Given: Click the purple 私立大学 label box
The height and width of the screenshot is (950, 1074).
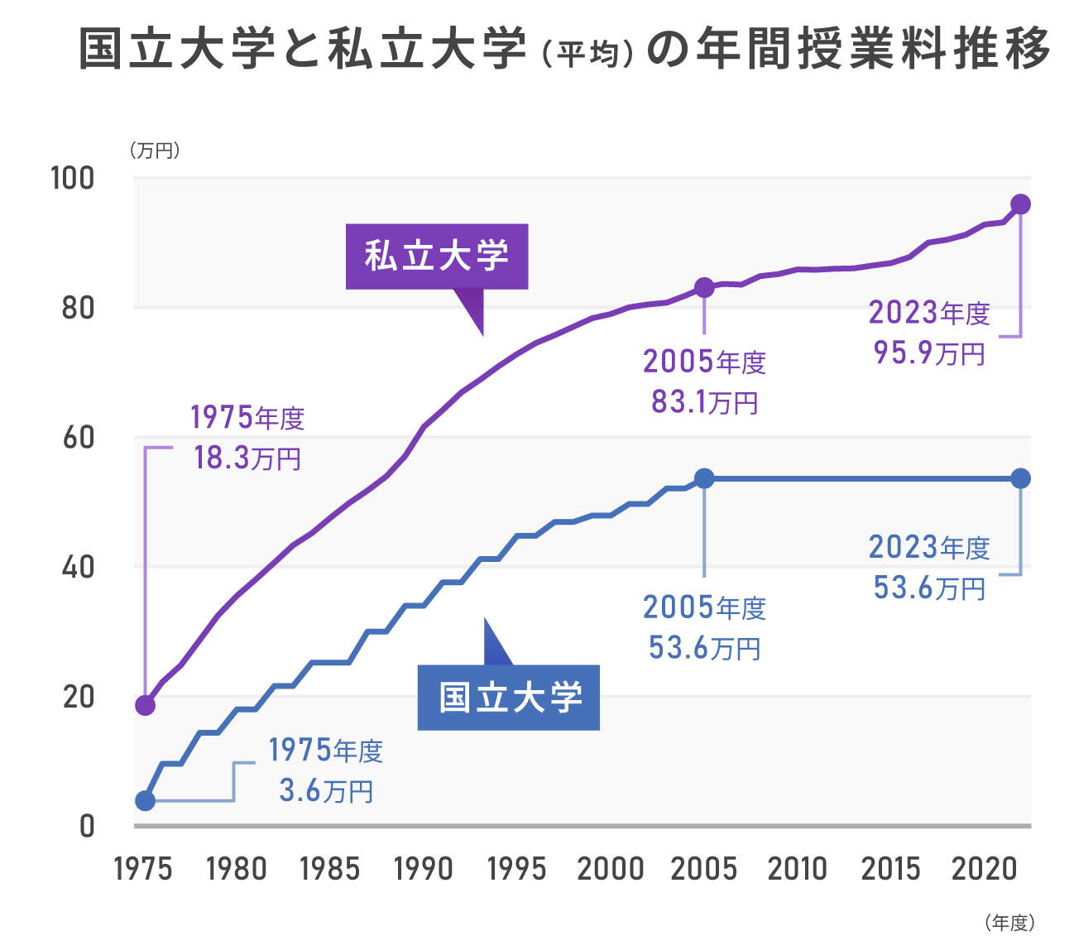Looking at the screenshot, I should [436, 257].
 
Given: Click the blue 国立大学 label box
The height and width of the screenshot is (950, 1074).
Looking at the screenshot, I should [508, 698].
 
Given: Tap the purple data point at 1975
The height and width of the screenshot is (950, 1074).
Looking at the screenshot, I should [145, 705].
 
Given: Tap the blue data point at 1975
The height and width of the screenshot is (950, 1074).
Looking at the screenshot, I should [145, 800].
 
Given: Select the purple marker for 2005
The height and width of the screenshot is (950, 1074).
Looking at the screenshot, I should [704, 287].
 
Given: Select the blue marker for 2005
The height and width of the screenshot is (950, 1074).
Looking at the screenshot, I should [704, 478].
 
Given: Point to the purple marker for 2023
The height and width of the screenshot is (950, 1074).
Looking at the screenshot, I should [1020, 204].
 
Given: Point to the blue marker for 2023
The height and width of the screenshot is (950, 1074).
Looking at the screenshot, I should [1020, 478].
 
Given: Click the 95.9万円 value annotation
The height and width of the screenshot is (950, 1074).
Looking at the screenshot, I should [929, 353].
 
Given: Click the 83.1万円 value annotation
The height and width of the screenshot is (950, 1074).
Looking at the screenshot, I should [704, 402].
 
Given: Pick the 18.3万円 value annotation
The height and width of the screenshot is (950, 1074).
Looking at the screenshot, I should [247, 458].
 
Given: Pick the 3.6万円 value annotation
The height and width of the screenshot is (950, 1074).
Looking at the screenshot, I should [326, 791].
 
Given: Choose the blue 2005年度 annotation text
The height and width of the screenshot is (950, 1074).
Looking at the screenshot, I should [704, 608].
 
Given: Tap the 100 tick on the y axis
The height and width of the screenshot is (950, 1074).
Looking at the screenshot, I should [73, 178].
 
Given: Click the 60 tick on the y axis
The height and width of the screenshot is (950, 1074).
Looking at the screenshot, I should [79, 438].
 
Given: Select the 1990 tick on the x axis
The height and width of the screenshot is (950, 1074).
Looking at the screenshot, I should [424, 869].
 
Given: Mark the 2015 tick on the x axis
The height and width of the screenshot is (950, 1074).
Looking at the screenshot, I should [891, 869].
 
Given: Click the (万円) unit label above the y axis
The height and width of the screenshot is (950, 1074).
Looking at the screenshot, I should [155, 151].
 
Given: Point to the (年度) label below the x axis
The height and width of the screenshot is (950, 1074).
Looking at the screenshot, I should [1009, 922].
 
